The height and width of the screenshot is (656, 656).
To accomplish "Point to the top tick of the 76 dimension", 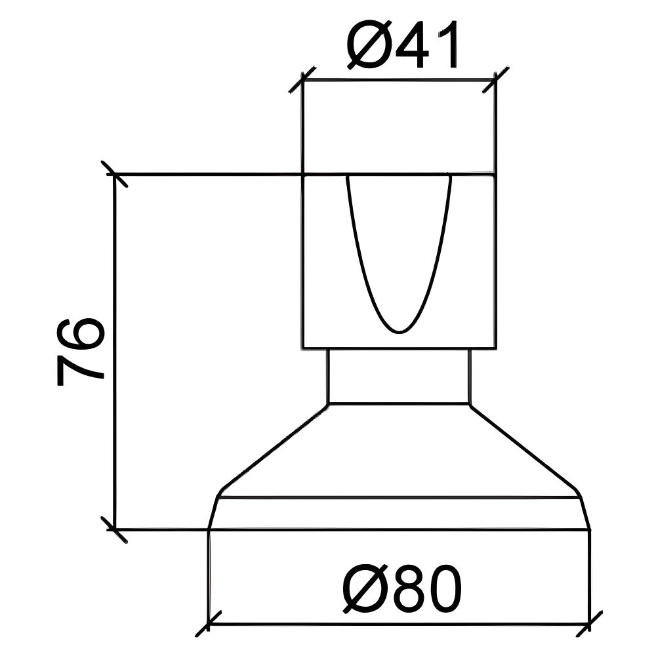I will pyautogui.click(x=115, y=174).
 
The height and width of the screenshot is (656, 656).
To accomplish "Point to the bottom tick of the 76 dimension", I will pyautogui.click(x=115, y=529).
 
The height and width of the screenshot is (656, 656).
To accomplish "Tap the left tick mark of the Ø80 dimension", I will pyautogui.click(x=209, y=624).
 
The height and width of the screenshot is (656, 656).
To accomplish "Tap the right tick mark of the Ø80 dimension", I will pyautogui.click(x=590, y=624).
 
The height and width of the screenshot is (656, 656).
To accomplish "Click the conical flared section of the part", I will pyautogui.click(x=399, y=453).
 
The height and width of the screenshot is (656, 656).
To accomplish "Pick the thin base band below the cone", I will pyautogui.click(x=399, y=513).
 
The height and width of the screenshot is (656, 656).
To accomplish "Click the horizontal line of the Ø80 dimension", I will pyautogui.click(x=399, y=624).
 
